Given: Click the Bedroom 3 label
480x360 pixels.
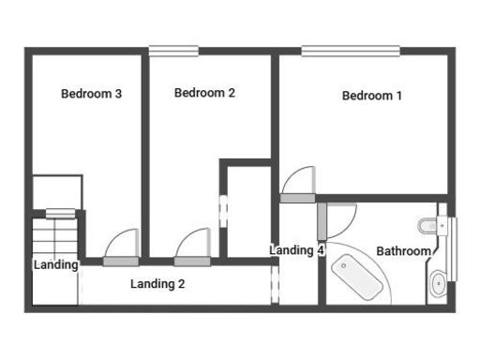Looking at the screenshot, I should [x=92, y=94].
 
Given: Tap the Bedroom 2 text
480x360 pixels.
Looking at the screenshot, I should [x=204, y=93].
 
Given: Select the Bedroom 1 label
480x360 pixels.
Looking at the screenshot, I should [x=372, y=96].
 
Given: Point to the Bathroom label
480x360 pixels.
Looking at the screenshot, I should [x=403, y=251].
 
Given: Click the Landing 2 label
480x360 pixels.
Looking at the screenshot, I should [x=157, y=283].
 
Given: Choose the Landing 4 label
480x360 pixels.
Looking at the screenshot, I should [x=296, y=250].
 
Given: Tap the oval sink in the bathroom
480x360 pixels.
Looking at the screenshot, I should [x=437, y=283].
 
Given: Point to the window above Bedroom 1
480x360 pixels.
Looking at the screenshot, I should [x=350, y=51].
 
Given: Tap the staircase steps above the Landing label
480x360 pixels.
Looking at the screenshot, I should [x=53, y=234].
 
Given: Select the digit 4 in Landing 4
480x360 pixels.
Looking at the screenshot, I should [x=321, y=250].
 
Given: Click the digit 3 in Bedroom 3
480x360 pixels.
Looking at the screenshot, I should [x=119, y=94].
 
